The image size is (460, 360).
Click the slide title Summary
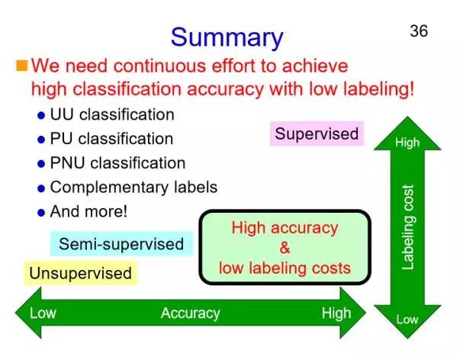coord(227,36)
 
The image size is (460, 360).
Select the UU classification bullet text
coord(111,114)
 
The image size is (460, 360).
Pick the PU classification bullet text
coord(111,139)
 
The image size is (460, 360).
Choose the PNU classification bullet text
coord(117,162)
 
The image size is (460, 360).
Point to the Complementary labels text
coord(133,187)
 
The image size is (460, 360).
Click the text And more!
coord(88,211)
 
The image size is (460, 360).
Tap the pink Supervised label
coord(317,134)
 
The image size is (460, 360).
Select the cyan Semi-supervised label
coord(121,244)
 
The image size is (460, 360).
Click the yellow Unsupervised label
coord(80,272)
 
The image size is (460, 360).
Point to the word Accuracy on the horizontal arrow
coord(190,313)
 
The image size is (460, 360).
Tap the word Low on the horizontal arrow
coord(43,313)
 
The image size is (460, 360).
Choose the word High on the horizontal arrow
coord(336,313)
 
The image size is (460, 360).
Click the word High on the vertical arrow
coord(407,143)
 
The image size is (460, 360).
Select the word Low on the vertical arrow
coord(407,320)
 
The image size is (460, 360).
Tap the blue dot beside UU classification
coord(40,116)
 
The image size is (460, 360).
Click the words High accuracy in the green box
coord(285,227)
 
